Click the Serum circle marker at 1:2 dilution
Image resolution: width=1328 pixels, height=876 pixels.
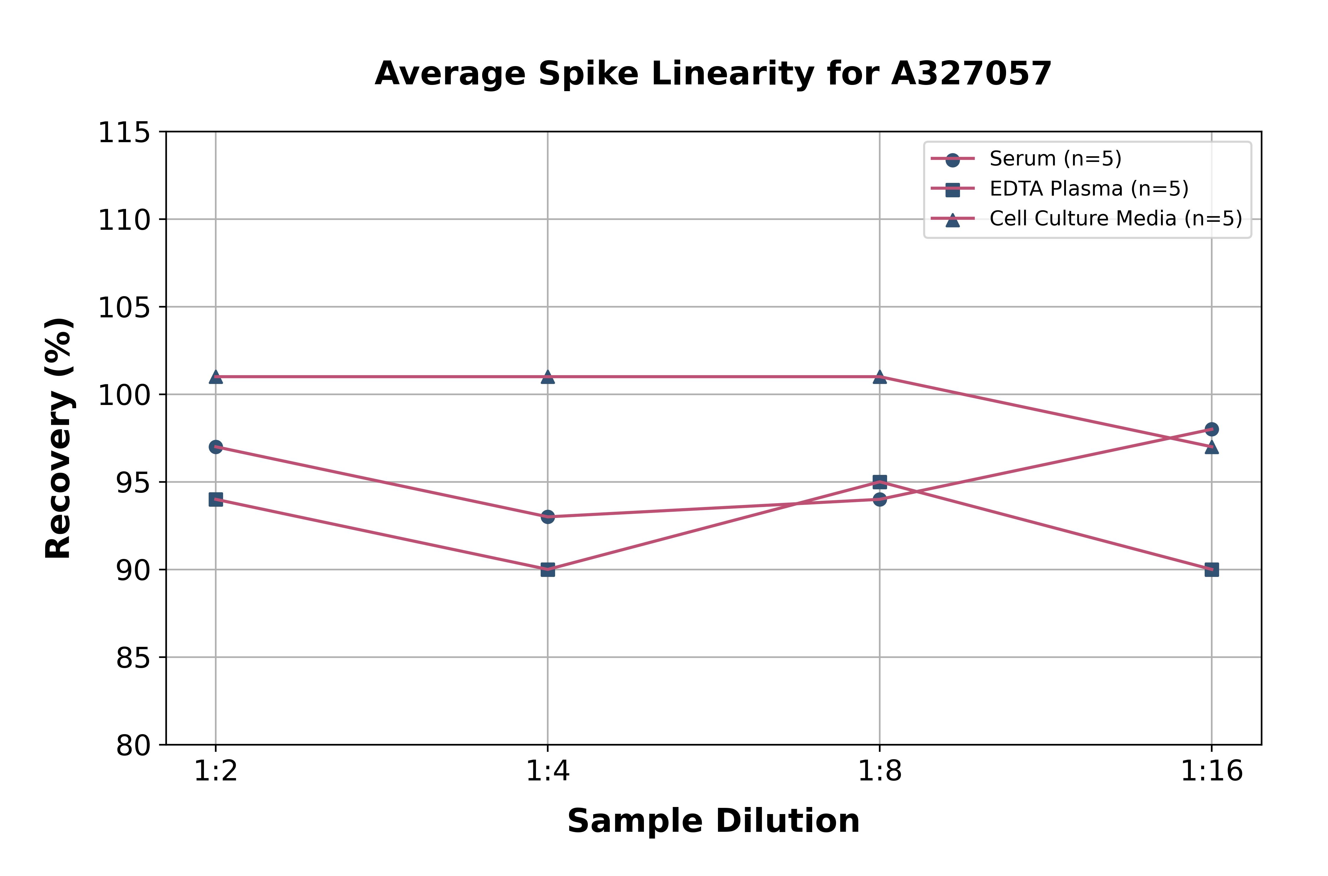216,447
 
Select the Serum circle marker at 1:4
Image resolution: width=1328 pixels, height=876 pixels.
548,517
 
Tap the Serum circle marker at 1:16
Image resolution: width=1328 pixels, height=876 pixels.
1211,429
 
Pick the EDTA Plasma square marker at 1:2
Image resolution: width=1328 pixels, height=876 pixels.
216,499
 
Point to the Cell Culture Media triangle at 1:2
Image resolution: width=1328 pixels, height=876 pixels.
216,377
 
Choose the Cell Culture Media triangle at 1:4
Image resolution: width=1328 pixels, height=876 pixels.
548,377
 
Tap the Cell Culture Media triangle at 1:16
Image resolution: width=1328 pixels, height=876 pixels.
1211,447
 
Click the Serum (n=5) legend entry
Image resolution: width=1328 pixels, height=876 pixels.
1055,159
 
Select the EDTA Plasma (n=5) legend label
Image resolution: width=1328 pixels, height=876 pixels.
1089,189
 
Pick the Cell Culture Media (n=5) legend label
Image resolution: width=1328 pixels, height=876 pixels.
1116,219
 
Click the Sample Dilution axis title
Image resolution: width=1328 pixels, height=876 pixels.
713,821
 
